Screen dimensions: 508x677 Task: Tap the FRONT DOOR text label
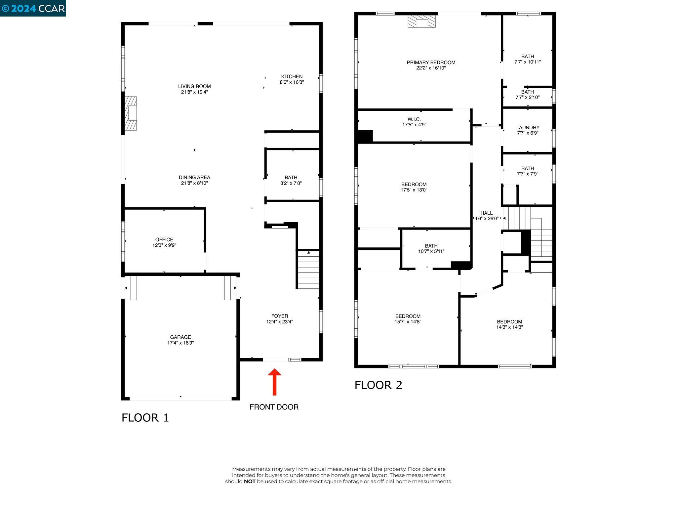274,407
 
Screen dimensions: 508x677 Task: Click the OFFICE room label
164,239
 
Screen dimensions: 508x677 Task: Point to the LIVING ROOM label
194,86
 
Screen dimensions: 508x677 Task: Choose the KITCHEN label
292,76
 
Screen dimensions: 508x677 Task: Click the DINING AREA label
194,178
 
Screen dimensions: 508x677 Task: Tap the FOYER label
280,316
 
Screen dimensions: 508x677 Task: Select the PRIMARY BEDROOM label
431,63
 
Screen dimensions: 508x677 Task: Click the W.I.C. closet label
414,119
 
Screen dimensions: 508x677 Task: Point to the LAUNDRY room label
528,127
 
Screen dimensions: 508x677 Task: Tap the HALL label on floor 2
487,213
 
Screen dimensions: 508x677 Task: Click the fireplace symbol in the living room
131,113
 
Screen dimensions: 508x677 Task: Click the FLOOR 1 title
145,418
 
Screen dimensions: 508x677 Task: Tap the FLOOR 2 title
378,385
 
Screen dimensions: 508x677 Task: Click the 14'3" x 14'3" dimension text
509,327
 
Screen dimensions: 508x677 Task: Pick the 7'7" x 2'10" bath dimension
528,98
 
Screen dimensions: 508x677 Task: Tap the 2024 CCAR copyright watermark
33,8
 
